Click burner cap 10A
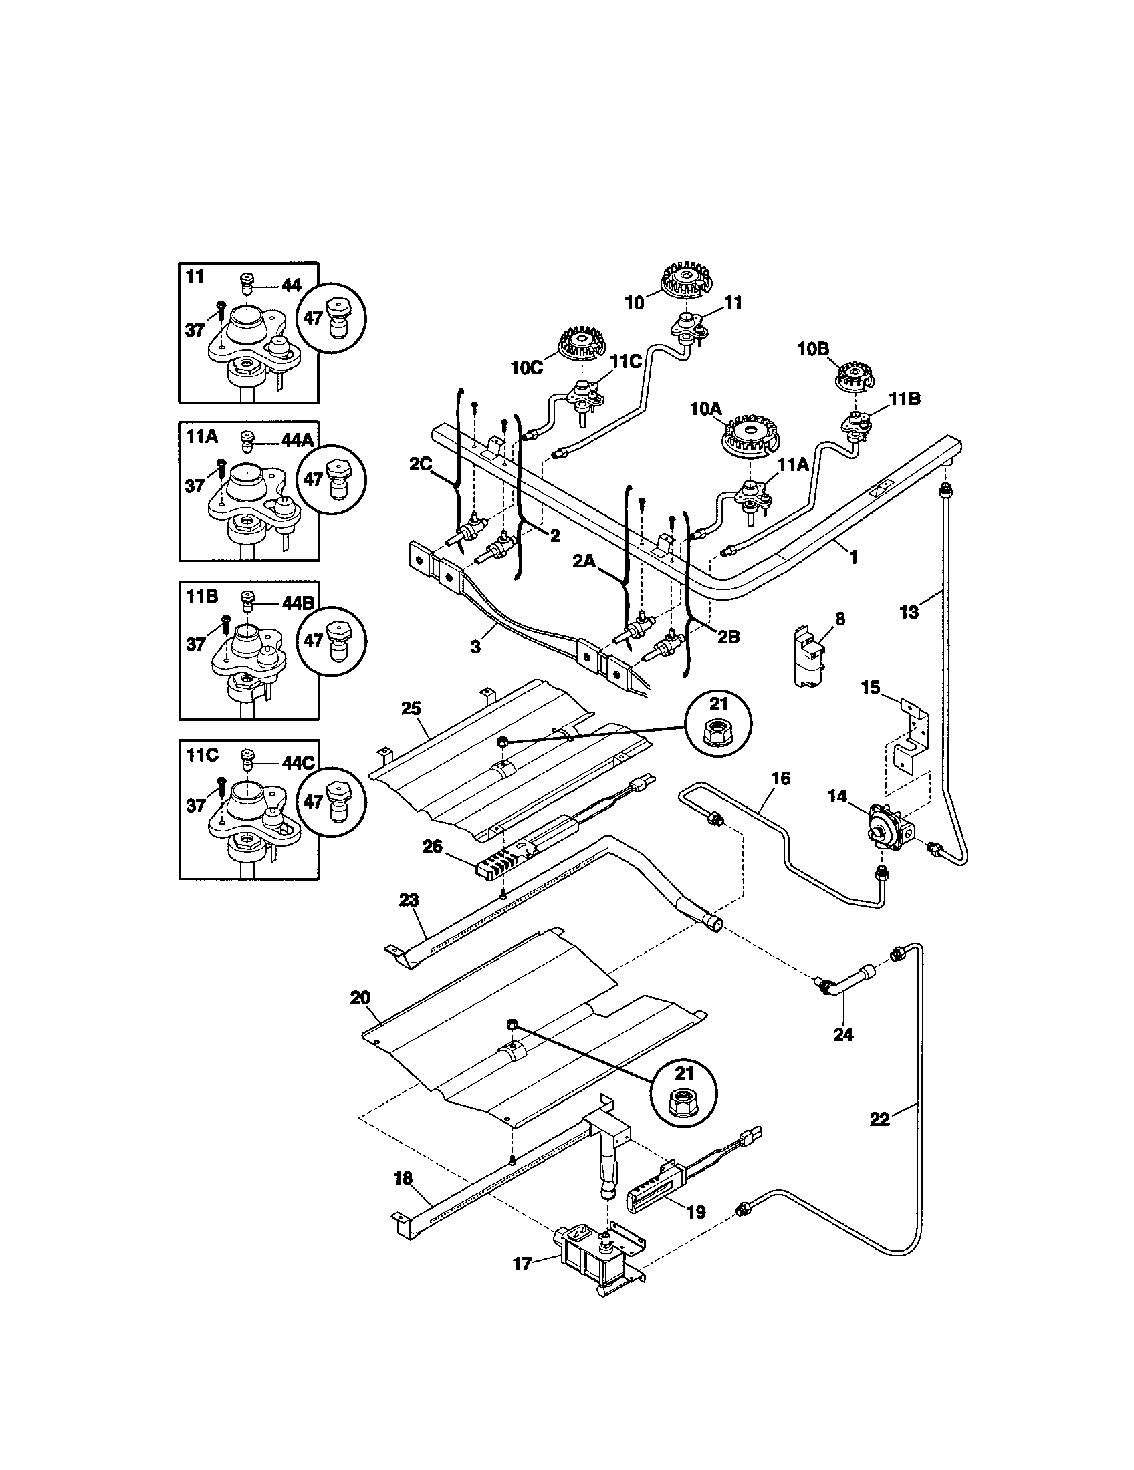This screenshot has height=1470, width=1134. click(x=752, y=439)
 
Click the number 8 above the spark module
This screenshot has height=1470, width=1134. click(x=840, y=619)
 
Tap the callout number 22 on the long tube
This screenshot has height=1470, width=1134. click(x=879, y=1119)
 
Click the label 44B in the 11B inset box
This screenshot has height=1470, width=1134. click(x=297, y=602)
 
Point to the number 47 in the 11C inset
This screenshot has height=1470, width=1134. click(x=312, y=802)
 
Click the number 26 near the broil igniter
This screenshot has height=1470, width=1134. click(x=432, y=846)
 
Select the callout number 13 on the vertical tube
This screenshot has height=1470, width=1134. click(x=909, y=612)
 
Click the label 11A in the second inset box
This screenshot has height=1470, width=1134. click(x=202, y=436)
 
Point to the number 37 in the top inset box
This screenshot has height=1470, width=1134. click(x=195, y=330)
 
